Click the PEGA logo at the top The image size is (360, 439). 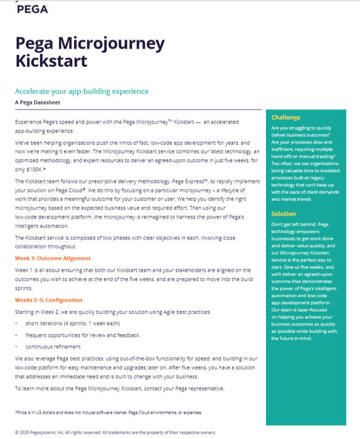32,9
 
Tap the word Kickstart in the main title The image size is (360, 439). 51,60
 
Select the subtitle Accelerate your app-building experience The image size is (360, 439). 82,91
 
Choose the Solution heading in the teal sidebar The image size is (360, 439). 283,214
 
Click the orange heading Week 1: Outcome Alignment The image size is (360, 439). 53,258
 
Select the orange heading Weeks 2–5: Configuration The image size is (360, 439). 49,300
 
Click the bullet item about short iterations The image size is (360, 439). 73,323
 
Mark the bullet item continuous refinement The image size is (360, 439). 53,347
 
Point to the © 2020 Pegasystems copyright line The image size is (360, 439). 116,433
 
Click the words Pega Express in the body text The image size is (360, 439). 207,181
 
